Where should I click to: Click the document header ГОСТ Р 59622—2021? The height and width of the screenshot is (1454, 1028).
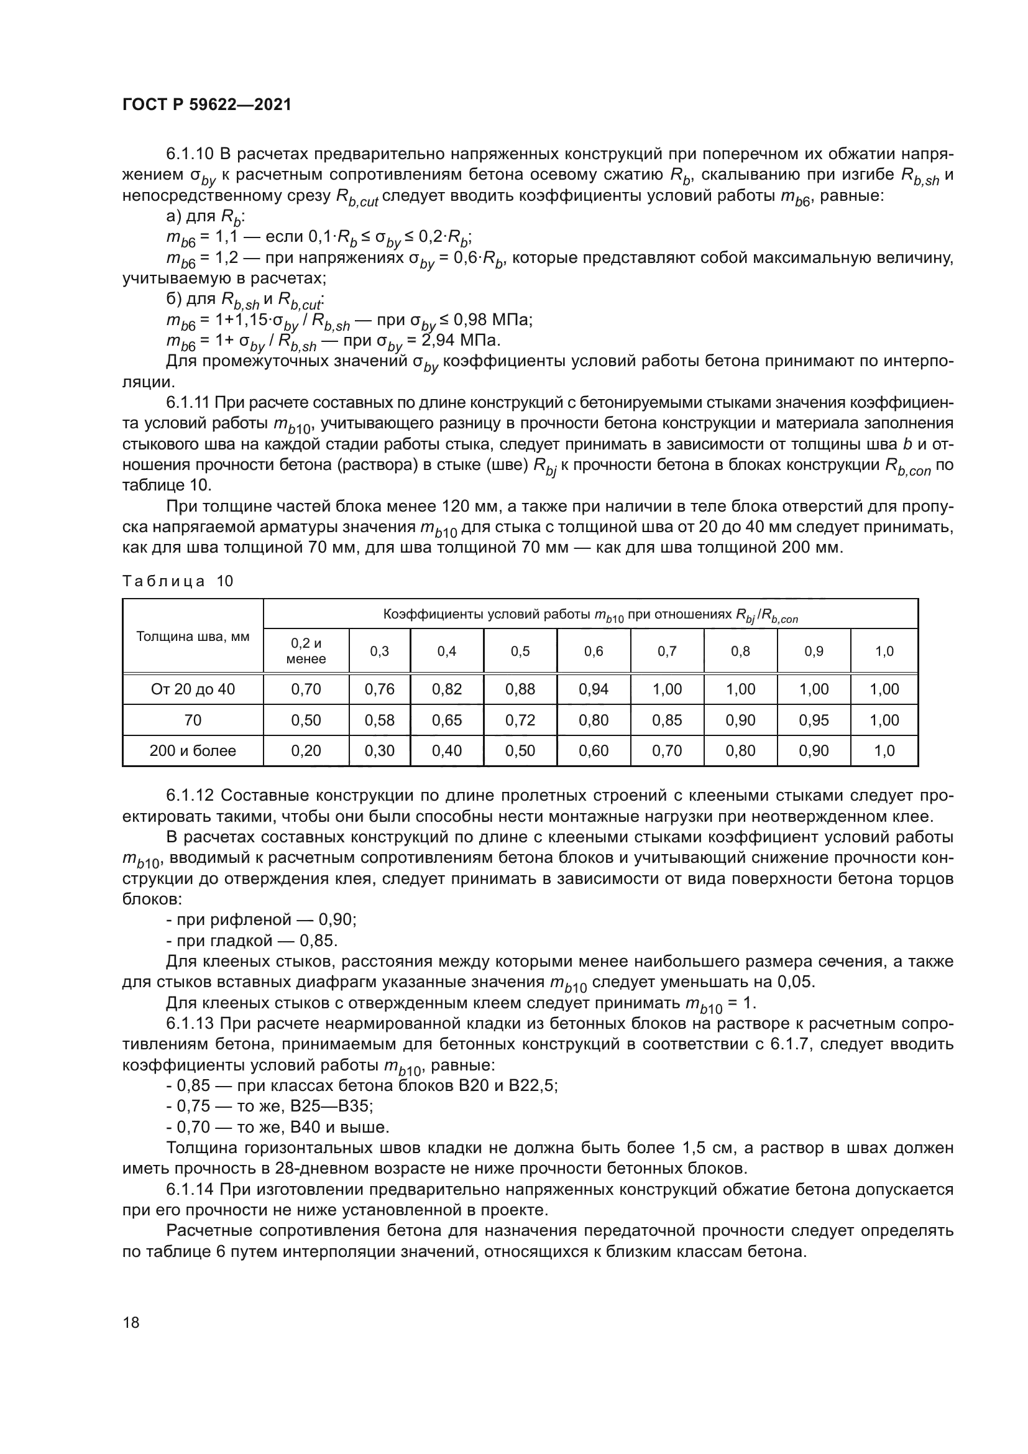coord(206,105)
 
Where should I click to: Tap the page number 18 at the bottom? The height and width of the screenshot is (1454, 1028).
coord(131,1321)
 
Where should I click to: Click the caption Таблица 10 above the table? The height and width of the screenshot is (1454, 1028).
coord(178,581)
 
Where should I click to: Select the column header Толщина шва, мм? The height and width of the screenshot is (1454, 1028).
coord(193,637)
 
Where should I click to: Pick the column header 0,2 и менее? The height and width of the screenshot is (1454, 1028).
coord(306,651)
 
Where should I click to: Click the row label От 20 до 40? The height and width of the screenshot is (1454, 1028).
coord(193,689)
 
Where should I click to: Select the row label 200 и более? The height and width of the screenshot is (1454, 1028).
coord(193,750)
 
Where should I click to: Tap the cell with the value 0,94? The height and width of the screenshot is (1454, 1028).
coord(593,689)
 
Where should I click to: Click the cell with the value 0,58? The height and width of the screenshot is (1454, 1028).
coord(379,720)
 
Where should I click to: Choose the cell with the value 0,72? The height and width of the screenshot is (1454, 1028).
coord(520,720)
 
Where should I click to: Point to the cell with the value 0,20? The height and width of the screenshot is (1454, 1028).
coord(306,750)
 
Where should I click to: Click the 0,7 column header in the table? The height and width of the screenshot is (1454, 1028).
coord(666,651)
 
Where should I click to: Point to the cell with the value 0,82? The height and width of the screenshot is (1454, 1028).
coord(446,689)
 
